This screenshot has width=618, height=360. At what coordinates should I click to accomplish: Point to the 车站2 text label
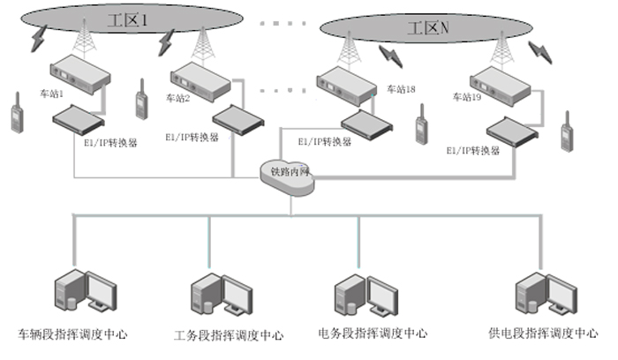(x=177, y=98)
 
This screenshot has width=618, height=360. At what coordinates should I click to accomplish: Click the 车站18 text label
(x=400, y=89)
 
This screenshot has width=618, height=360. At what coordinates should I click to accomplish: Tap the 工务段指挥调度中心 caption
(x=229, y=335)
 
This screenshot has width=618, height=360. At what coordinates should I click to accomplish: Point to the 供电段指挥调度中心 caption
(x=544, y=334)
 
